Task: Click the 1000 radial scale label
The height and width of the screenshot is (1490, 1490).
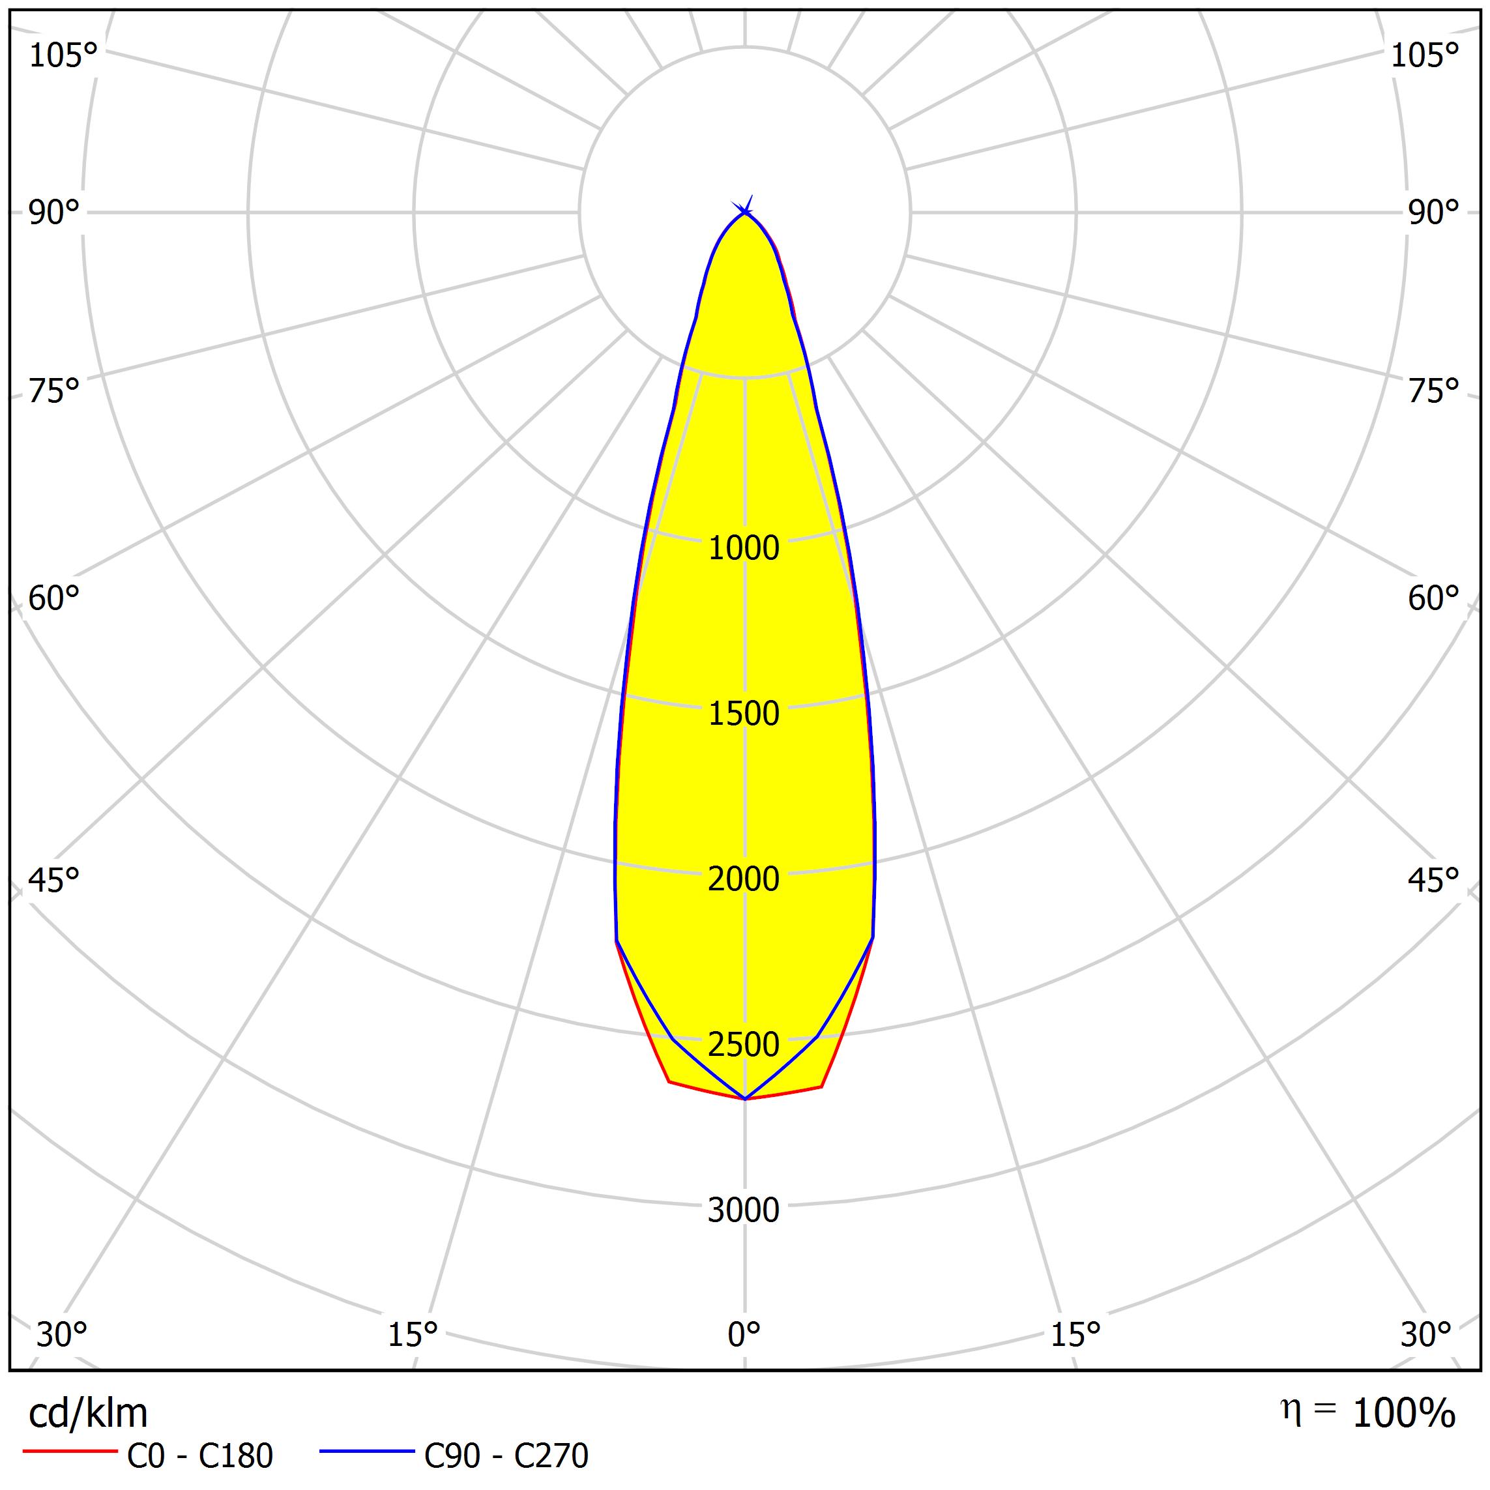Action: pos(744,548)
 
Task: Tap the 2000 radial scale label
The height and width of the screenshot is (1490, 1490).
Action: pos(744,879)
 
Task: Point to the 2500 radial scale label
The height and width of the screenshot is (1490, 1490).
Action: pos(744,1045)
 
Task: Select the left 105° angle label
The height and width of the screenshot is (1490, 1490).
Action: pos(63,55)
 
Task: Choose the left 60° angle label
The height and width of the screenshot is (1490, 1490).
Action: pos(54,598)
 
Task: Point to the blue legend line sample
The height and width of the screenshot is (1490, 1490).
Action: pos(367,1452)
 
